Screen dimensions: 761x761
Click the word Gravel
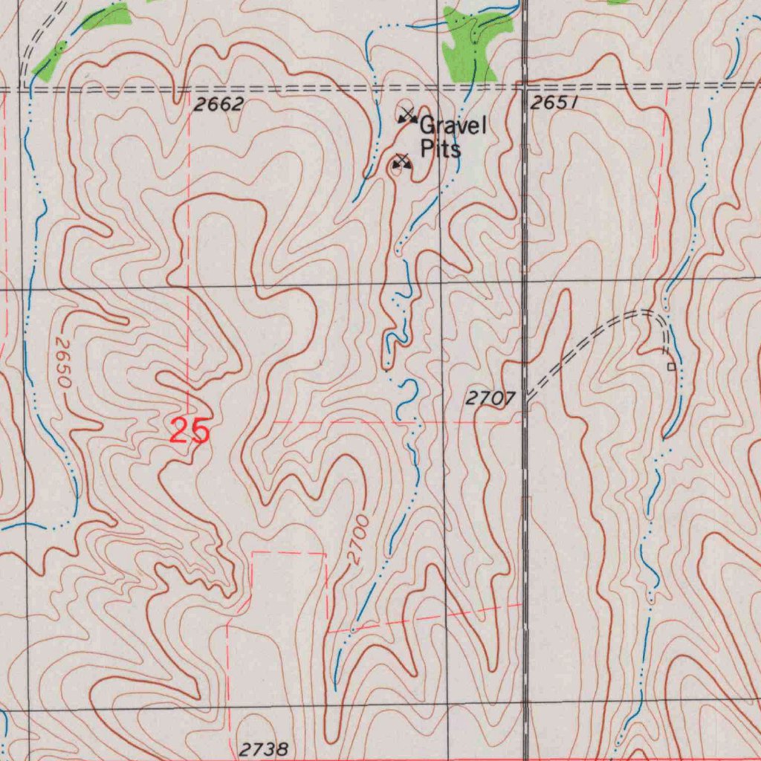(x=453, y=126)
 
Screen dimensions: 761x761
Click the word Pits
(x=441, y=149)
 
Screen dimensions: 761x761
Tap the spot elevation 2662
(x=218, y=105)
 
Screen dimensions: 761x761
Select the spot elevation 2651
(x=554, y=103)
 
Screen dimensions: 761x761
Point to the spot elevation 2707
(x=490, y=399)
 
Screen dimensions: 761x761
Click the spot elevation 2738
(x=264, y=748)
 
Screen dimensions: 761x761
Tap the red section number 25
(x=190, y=432)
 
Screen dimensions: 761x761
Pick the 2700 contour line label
(x=359, y=539)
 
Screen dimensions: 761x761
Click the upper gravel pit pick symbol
(x=407, y=115)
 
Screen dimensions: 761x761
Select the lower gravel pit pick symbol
(x=402, y=161)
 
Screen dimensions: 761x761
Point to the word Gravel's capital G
(x=428, y=126)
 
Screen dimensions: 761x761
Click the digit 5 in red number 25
(x=200, y=432)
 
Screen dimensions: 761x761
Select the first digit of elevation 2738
(x=245, y=748)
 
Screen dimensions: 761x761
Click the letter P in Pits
(x=427, y=149)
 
